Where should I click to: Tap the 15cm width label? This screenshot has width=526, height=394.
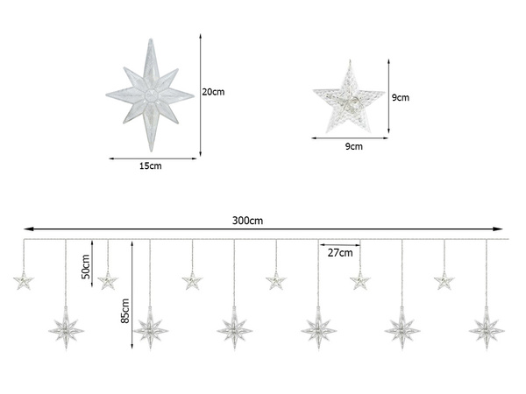(150, 165)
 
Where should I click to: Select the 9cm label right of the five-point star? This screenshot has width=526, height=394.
(401, 98)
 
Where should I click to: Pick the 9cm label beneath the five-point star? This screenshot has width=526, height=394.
(353, 147)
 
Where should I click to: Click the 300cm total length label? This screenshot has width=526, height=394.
(247, 221)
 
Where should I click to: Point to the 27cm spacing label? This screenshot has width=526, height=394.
(339, 253)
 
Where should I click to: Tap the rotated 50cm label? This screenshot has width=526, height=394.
(85, 265)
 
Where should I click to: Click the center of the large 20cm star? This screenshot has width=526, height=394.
(150, 95)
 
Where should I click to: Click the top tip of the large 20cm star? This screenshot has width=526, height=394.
(150, 39)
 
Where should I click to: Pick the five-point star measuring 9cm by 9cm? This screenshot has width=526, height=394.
(348, 99)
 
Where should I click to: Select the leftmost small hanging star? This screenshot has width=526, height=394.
(24, 281)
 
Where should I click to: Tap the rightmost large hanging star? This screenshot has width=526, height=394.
(487, 329)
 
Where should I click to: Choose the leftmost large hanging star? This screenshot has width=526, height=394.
(66, 329)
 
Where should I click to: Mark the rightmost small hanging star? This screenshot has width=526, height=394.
(444, 281)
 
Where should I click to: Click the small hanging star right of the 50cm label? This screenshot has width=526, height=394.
(108, 281)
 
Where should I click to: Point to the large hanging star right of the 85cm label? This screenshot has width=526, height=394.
(150, 329)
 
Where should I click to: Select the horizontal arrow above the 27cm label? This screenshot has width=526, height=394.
(339, 244)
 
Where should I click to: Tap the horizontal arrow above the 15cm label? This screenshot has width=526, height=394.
(150, 158)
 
